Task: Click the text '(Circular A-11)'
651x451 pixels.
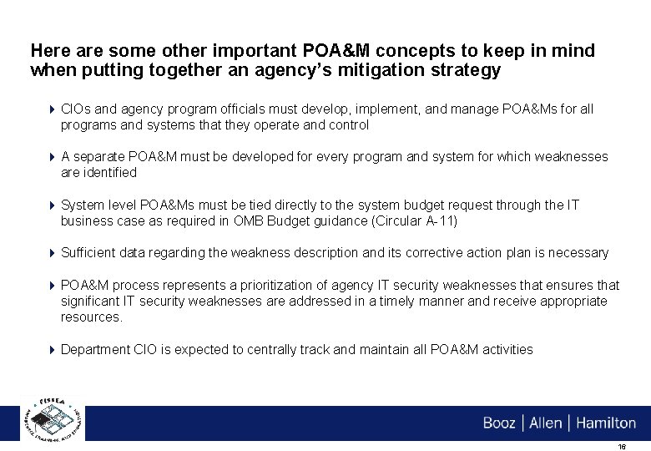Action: [x=416, y=221]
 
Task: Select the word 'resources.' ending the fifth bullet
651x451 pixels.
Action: [x=92, y=317]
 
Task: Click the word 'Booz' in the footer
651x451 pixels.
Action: [x=499, y=423]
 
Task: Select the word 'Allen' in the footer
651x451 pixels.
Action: [x=546, y=423]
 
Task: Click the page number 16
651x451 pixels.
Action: [x=621, y=446]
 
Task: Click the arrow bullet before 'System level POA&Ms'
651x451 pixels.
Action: [x=52, y=205]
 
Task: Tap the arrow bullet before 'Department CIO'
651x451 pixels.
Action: [x=52, y=350]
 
